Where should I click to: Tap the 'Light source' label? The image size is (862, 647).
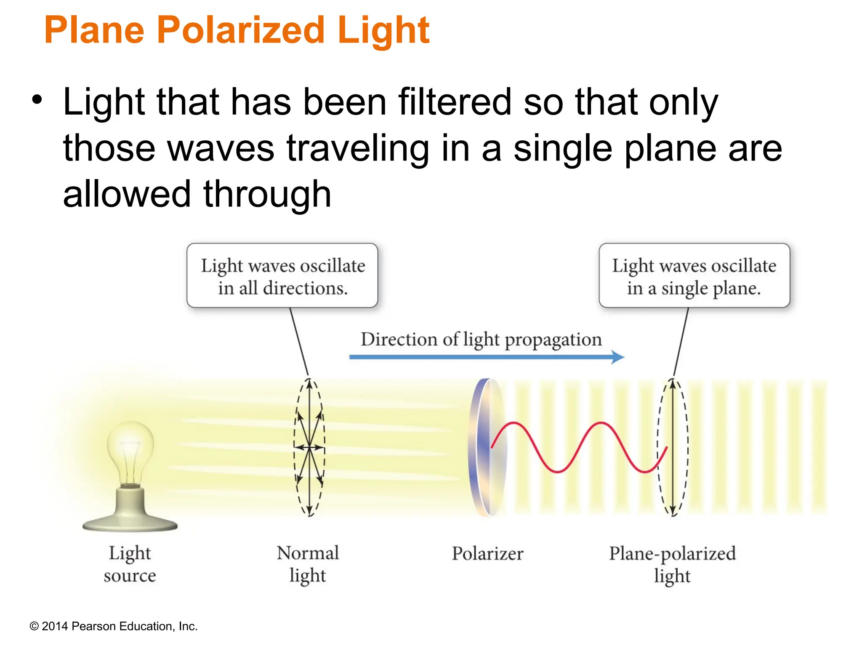click(x=130, y=564)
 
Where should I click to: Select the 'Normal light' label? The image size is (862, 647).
click(x=308, y=564)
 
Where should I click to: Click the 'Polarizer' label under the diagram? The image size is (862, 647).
click(x=487, y=553)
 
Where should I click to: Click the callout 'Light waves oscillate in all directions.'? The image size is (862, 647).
click(x=282, y=276)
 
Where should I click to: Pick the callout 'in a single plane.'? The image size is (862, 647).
click(x=694, y=289)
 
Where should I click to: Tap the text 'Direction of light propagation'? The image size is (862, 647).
click(x=481, y=340)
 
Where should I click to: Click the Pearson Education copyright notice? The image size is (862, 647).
click(x=113, y=626)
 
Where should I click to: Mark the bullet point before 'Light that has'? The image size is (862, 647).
click(x=37, y=100)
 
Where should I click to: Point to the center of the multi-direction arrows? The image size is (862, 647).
click(x=309, y=447)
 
